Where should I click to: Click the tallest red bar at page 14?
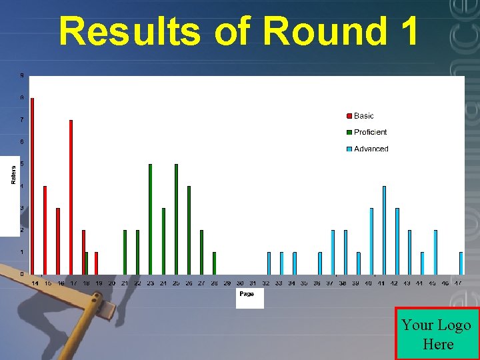pyautogui.click(x=32, y=187)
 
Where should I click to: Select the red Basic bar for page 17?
pyautogui.click(x=71, y=197)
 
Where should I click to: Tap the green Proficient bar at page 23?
pyautogui.click(x=150, y=219)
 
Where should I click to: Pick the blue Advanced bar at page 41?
pyautogui.click(x=384, y=230)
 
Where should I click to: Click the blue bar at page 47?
pyautogui.click(x=461, y=263)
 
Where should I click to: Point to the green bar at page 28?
pyautogui.click(x=214, y=263)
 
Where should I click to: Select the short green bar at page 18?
pyautogui.click(x=87, y=263)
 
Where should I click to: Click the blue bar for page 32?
pyautogui.click(x=269, y=263)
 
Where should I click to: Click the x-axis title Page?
pyautogui.click(x=247, y=294)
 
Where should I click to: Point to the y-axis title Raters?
pyautogui.click(x=13, y=175)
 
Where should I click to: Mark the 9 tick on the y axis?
pyautogui.click(x=21, y=76)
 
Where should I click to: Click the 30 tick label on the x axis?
pyautogui.click(x=240, y=283)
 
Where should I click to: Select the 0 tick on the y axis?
pyautogui.click(x=21, y=274)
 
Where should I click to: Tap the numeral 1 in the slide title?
pyautogui.click(x=408, y=31)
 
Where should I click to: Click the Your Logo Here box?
pyautogui.click(x=437, y=334)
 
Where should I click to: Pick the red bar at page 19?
pyautogui.click(x=97, y=263)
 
